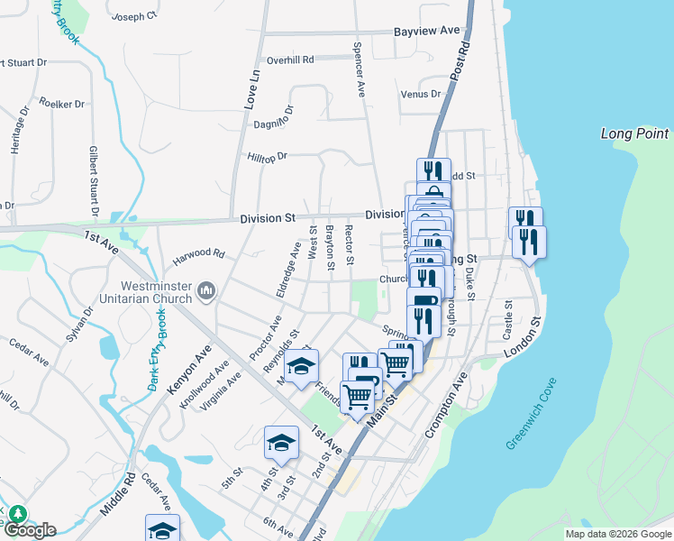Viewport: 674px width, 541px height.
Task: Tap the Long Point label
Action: [x=635, y=134]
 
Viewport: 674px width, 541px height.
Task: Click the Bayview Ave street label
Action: [x=427, y=31]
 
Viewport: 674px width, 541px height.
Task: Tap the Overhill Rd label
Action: [x=289, y=60]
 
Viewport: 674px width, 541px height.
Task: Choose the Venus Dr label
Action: [x=421, y=94]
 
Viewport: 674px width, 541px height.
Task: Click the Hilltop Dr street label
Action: [x=267, y=156]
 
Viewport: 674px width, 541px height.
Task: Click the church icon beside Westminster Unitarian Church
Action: [x=206, y=290]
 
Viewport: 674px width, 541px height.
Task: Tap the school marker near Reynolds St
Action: [x=302, y=366]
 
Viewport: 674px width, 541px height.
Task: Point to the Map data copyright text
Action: [x=618, y=534]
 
